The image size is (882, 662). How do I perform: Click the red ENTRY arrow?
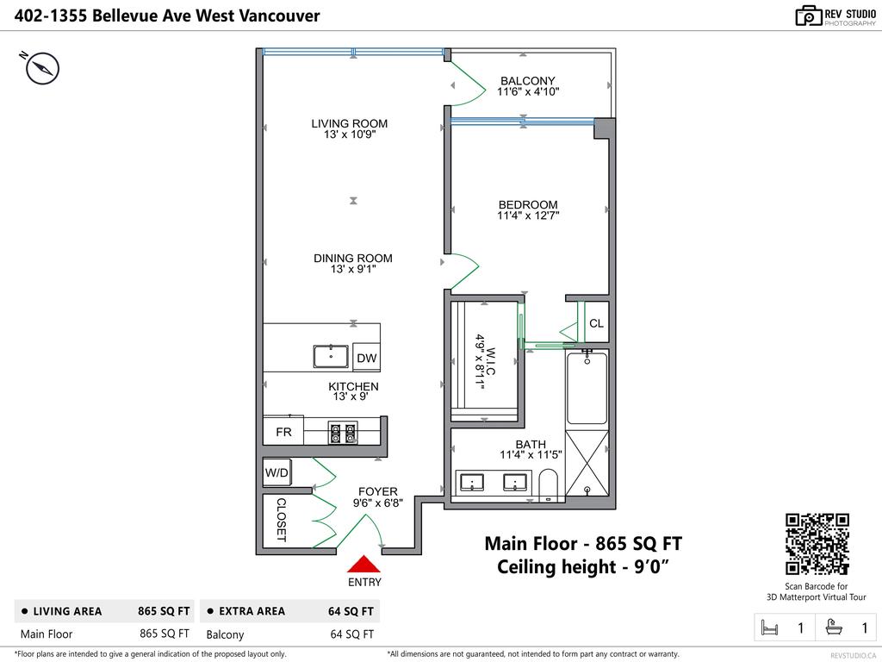(x=363, y=564)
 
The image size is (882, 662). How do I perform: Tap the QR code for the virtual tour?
(x=817, y=544)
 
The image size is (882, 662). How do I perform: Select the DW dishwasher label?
(x=366, y=358)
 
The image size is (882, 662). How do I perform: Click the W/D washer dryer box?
(x=276, y=472)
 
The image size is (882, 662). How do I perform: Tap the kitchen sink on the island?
(x=330, y=355)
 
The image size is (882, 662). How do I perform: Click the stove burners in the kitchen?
(x=342, y=432)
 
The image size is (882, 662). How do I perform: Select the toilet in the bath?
(x=548, y=484)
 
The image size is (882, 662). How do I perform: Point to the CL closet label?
(x=596, y=323)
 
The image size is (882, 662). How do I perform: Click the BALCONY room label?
(x=528, y=81)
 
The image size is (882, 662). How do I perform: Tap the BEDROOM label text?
(x=528, y=204)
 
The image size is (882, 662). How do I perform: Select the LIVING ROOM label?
(x=349, y=123)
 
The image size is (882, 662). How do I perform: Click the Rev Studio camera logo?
(x=809, y=16)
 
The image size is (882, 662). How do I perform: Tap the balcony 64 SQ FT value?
(x=351, y=634)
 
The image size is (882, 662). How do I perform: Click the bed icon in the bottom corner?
(x=769, y=628)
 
